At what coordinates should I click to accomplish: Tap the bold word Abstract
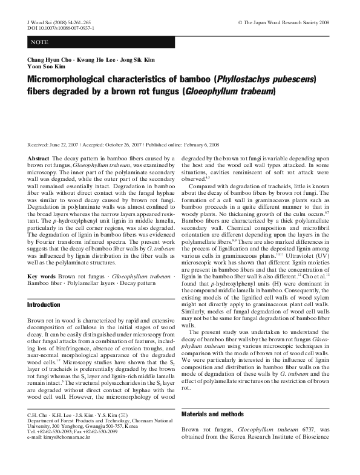point(38,157)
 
